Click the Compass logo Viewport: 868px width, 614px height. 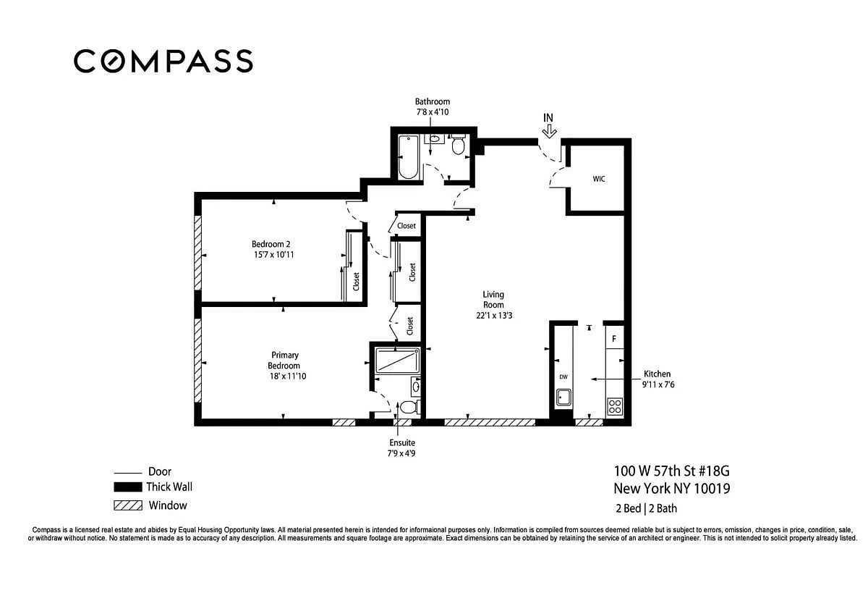point(163,61)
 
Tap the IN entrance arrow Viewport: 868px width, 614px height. point(549,133)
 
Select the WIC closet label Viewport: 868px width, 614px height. point(599,179)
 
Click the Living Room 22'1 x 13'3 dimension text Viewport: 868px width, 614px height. point(494,316)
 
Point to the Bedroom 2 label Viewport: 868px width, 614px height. point(271,244)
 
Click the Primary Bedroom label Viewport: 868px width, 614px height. point(284,361)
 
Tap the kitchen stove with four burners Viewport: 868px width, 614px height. point(615,406)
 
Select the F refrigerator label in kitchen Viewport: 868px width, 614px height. point(614,339)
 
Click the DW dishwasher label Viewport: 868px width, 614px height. point(563,377)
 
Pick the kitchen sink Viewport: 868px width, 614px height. point(563,398)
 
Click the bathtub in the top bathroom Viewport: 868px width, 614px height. point(409,156)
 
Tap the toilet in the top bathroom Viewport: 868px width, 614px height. point(459,144)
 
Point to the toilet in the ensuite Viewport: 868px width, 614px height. point(409,407)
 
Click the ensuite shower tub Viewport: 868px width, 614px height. point(398,361)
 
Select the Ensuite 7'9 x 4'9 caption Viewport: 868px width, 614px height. point(402,448)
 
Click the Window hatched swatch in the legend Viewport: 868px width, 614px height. point(128,505)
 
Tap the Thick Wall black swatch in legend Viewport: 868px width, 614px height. point(128,487)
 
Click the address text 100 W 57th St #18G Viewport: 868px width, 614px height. point(671,471)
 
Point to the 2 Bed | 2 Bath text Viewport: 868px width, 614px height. point(647,508)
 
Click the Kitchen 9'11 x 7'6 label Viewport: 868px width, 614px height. point(658,379)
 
